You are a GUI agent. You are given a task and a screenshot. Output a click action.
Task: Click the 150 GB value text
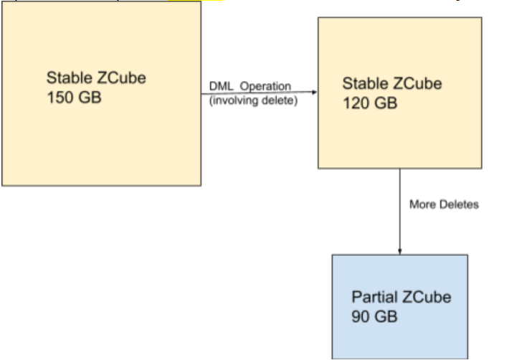coord(74,96)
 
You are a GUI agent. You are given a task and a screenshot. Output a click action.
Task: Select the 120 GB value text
coord(369,103)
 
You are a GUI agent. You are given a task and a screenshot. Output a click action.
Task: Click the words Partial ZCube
coord(402,298)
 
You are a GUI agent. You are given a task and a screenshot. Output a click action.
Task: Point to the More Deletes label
coord(443,204)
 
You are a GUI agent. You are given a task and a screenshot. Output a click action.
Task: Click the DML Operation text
coord(250,87)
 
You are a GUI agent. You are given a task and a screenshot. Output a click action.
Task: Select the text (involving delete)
coord(252,100)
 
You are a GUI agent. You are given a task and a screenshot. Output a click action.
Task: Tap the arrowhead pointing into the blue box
coord(399,251)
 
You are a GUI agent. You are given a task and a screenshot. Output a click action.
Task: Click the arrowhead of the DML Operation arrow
coord(314,92)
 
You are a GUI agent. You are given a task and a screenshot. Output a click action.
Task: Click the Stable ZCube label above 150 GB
coord(96,77)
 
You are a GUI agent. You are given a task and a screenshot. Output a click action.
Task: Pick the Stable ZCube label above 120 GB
coord(392,84)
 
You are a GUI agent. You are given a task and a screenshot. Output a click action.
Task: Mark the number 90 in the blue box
coord(361,316)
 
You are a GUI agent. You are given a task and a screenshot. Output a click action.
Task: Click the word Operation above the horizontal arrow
coord(265,87)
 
